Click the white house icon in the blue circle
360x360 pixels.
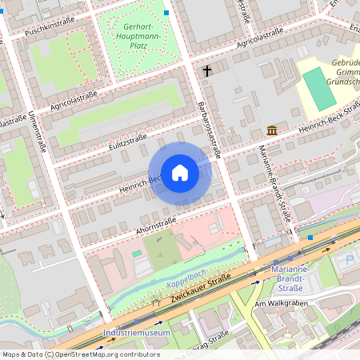point(179,173)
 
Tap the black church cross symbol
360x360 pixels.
point(207,71)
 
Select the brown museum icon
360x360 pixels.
point(272,130)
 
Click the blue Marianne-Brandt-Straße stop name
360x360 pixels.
point(295,279)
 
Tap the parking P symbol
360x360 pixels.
point(348,261)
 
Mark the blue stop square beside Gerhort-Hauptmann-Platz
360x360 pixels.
point(166,13)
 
